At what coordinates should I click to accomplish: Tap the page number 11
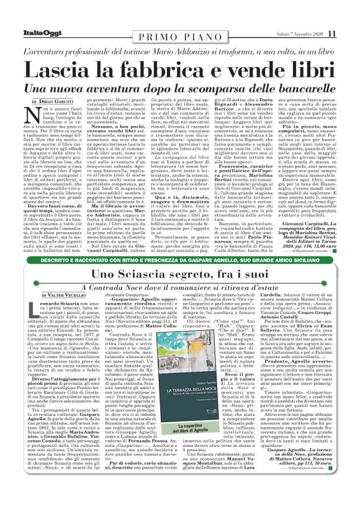(x=331, y=34)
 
